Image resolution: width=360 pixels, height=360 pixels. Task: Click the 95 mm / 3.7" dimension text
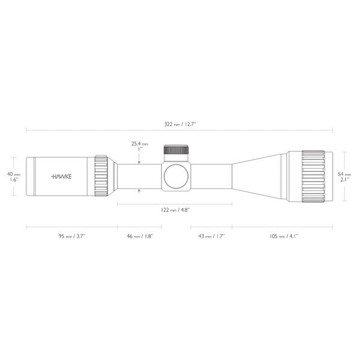tap(72, 236)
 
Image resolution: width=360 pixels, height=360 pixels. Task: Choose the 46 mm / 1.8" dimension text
tap(139, 236)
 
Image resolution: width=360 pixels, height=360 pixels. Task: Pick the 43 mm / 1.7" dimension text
tap(211, 236)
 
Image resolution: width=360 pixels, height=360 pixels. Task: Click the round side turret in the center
tap(177, 176)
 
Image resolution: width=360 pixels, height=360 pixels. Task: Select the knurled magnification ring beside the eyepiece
tap(101, 176)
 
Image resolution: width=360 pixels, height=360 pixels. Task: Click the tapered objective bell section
tap(258, 176)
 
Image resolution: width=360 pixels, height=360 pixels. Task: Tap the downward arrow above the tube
tap(139, 160)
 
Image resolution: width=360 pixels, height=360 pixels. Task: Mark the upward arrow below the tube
tap(139, 191)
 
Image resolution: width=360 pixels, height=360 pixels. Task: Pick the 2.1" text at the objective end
tap(344, 179)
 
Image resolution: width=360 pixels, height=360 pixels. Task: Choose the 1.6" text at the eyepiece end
tap(13, 179)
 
